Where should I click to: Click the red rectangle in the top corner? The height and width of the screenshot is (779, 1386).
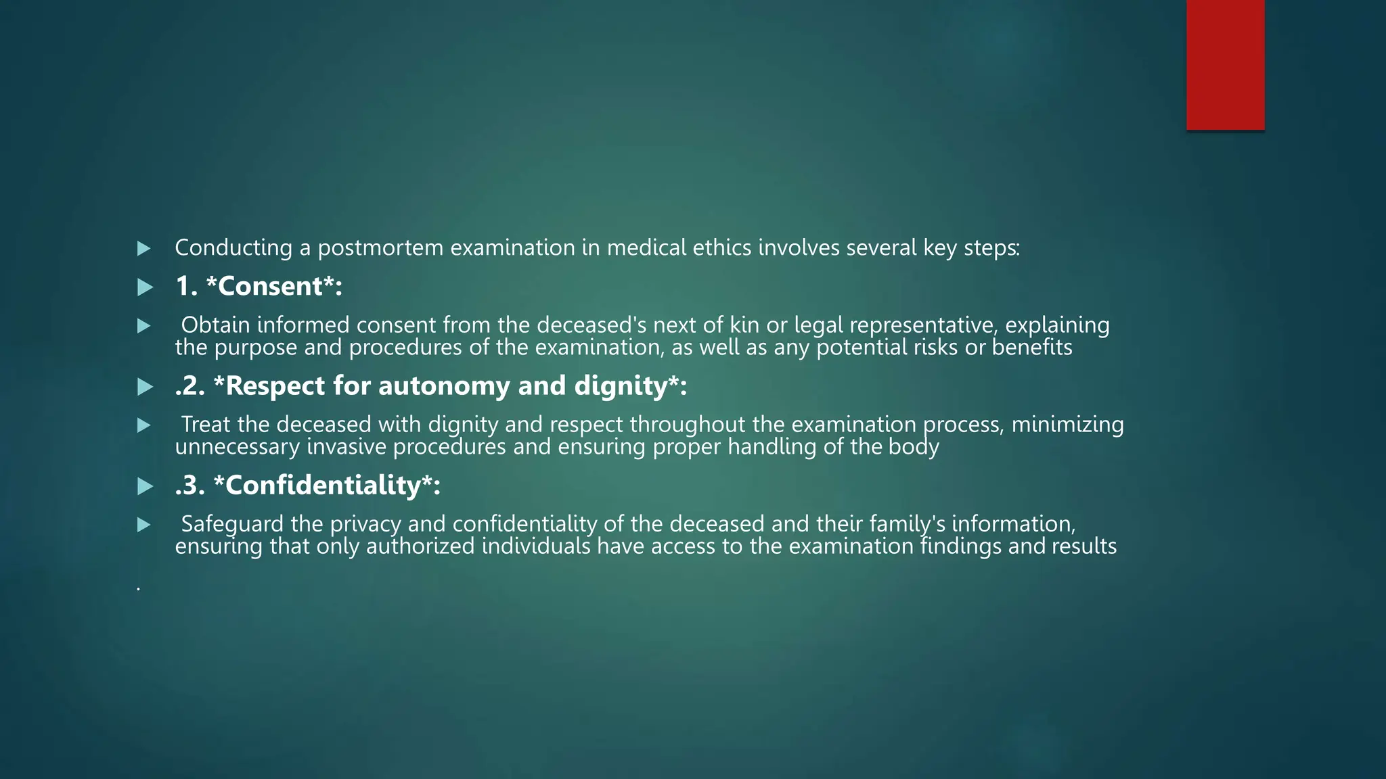pos(1225,65)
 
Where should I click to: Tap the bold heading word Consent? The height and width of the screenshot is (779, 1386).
pos(271,287)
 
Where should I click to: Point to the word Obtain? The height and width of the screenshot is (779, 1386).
pos(215,325)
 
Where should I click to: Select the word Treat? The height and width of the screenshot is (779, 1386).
pos(206,425)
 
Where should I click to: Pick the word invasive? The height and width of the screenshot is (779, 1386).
pos(346,447)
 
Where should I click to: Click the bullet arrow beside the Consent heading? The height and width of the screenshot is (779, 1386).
pos(144,287)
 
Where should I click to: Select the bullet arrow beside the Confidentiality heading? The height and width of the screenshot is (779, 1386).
pos(144,486)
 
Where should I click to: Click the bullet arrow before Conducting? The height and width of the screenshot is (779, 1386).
pos(143,249)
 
